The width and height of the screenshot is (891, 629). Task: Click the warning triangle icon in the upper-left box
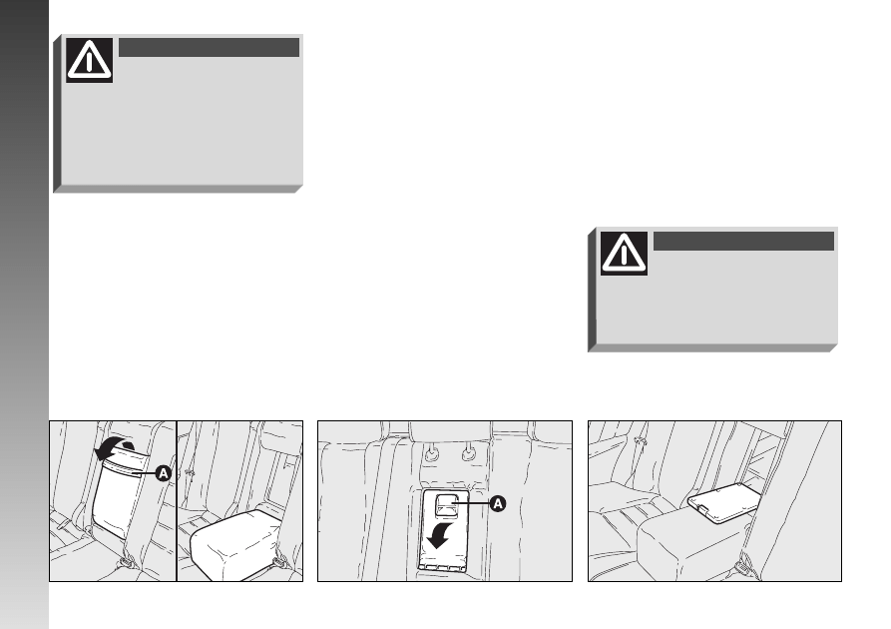(89, 60)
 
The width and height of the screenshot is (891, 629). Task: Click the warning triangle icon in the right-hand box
(624, 254)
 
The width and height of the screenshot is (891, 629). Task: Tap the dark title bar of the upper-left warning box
(210, 47)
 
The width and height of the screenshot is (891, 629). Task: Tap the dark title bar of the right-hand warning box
(743, 242)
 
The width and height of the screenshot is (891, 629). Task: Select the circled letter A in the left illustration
(163, 473)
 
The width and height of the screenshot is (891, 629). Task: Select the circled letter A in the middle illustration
(497, 504)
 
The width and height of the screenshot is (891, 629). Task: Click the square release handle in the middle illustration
(446, 504)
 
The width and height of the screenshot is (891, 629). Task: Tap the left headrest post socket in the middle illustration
(432, 453)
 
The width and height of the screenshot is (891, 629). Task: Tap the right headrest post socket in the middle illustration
(468, 453)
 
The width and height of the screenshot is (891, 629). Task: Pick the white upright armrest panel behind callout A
(117, 496)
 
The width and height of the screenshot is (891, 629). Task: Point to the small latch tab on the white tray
(702, 508)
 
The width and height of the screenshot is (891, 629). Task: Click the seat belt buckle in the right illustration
(741, 567)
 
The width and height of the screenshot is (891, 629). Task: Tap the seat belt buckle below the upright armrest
(126, 562)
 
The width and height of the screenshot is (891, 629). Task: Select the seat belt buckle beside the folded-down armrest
(279, 561)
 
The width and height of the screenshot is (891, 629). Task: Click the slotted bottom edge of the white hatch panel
(442, 566)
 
